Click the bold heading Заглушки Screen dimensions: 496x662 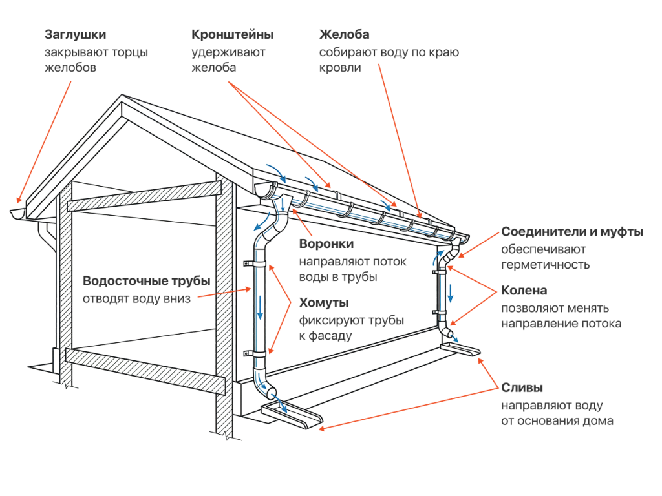coord(75,34)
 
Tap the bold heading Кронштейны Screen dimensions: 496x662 coord(232,34)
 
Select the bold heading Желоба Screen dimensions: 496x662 coord(345,34)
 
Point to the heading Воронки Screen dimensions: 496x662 coord(326,244)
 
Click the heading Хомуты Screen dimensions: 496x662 coord(324,302)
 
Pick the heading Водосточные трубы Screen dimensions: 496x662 coord(147,281)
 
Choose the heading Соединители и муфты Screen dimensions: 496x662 coord(572,232)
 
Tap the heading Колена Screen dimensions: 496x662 coord(524,291)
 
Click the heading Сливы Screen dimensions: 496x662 coord(522,388)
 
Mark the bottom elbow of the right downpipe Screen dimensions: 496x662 coord(447,332)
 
